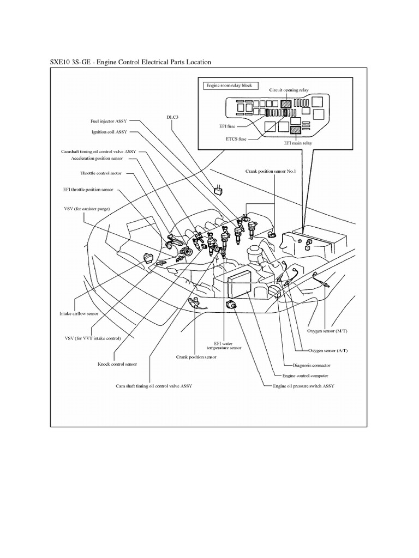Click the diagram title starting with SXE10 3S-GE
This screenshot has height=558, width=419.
pyautogui.click(x=130, y=62)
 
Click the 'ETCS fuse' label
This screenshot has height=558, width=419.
pyautogui.click(x=236, y=139)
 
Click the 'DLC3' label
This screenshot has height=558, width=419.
pyautogui.click(x=172, y=116)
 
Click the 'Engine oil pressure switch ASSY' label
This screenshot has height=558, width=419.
pyautogui.click(x=304, y=386)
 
